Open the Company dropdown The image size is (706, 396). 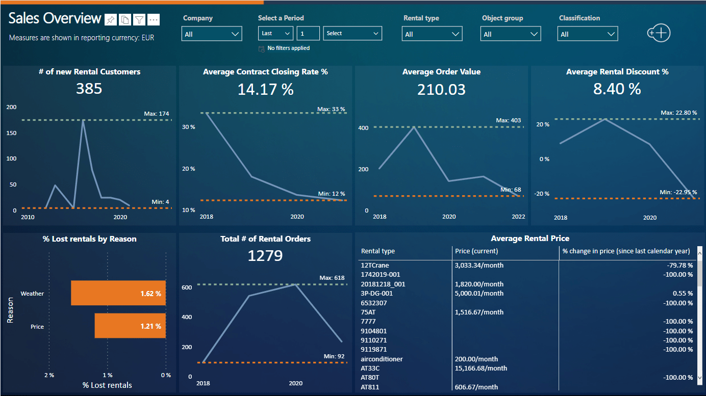pyautogui.click(x=211, y=34)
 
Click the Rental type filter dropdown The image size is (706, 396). pyautogui.click(x=432, y=34)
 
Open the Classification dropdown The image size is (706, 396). pyautogui.click(x=588, y=34)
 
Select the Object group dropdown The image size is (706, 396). pyautogui.click(x=510, y=34)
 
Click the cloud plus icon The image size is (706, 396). pyautogui.click(x=658, y=33)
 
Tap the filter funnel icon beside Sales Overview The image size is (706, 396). pyautogui.click(x=139, y=20)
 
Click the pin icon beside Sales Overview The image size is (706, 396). pyautogui.click(x=110, y=20)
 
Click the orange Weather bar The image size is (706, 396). pyautogui.click(x=118, y=293)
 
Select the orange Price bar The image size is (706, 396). pyautogui.click(x=130, y=326)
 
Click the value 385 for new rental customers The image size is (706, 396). pyautogui.click(x=89, y=89)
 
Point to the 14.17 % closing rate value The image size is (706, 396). pyautogui.click(x=265, y=90)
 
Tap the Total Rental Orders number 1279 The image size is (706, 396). pyautogui.click(x=265, y=255)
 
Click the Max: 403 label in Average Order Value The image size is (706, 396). pyautogui.click(x=508, y=121)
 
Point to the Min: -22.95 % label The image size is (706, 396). pyautogui.click(x=678, y=192)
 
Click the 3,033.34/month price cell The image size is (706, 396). pyautogui.click(x=478, y=266)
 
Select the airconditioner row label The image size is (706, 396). pyautogui.click(x=382, y=359)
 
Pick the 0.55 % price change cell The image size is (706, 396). pyautogui.click(x=683, y=294)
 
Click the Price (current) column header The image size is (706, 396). pyautogui.click(x=476, y=251)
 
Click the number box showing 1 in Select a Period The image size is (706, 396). pyautogui.click(x=308, y=33)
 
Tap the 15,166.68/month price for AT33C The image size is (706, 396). pyautogui.click(x=481, y=368)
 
